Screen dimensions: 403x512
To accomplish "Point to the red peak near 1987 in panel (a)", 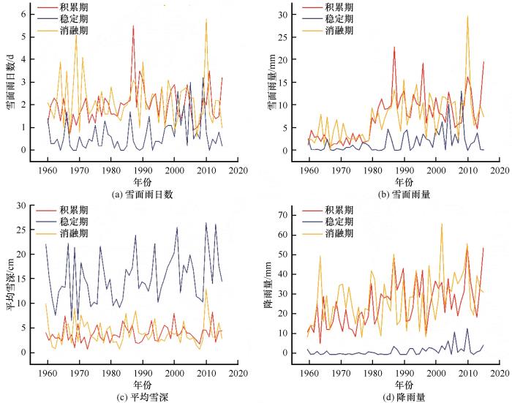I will click(133, 26).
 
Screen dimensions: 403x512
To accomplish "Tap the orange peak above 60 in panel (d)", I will click(442, 225).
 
